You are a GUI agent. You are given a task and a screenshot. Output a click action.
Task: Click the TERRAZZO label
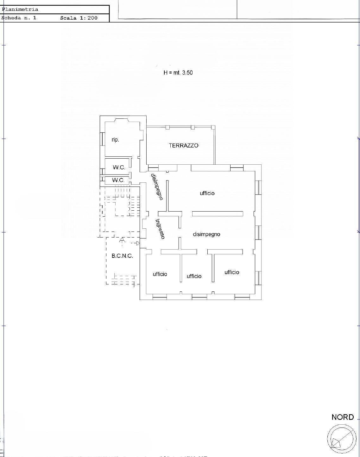click(184, 146)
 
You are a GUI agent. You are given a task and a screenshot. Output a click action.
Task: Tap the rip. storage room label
click(115, 140)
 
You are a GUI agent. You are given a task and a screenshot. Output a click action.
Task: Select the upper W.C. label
click(119, 168)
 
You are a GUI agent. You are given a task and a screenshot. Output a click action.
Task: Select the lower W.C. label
click(118, 180)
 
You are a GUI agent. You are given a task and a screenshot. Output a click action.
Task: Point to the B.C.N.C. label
click(122, 256)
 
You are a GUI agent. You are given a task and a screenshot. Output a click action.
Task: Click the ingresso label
click(160, 229)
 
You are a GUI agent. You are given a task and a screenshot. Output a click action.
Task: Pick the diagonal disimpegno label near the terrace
click(157, 187)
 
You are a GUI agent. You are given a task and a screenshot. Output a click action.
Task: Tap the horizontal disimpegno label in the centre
click(206, 234)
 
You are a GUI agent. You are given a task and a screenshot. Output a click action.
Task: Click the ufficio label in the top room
click(207, 193)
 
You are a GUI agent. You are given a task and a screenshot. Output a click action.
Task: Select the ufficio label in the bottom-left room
click(160, 274)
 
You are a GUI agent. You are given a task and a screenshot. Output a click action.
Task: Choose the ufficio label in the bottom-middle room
click(194, 276)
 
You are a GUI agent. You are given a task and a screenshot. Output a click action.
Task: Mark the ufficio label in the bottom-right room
click(232, 272)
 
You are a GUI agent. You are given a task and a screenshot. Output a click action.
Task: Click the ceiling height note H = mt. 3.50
click(178, 73)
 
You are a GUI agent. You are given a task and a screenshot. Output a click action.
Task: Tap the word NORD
click(343, 417)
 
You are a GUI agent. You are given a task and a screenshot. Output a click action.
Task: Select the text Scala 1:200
click(79, 18)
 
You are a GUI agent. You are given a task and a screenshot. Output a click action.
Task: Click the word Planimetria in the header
click(20, 10)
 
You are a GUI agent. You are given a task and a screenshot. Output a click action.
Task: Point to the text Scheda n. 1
click(19, 18)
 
